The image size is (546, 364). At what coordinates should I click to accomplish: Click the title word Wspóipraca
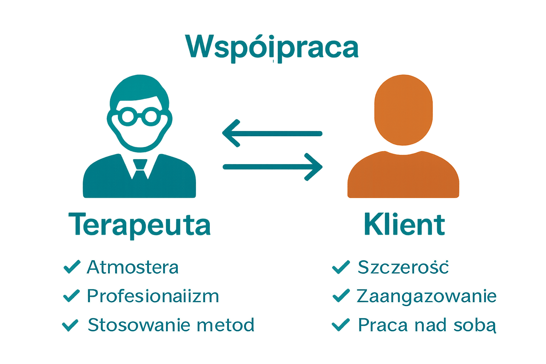click(272, 48)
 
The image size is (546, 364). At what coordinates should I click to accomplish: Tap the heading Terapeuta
click(141, 225)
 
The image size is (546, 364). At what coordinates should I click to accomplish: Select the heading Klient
click(404, 225)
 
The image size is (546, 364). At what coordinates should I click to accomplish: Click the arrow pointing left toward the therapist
click(272, 134)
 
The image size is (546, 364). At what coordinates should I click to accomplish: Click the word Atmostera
click(133, 267)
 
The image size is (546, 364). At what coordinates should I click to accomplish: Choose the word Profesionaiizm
click(153, 296)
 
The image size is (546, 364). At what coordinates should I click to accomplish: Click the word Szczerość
click(403, 267)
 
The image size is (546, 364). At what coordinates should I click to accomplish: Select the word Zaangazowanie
click(427, 296)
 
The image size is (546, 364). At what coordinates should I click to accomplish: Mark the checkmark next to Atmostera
click(71, 267)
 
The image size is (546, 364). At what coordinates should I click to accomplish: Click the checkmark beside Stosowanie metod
click(70, 325)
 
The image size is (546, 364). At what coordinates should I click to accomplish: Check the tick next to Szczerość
click(341, 267)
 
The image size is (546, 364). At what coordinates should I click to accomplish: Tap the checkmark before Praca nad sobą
click(341, 325)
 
